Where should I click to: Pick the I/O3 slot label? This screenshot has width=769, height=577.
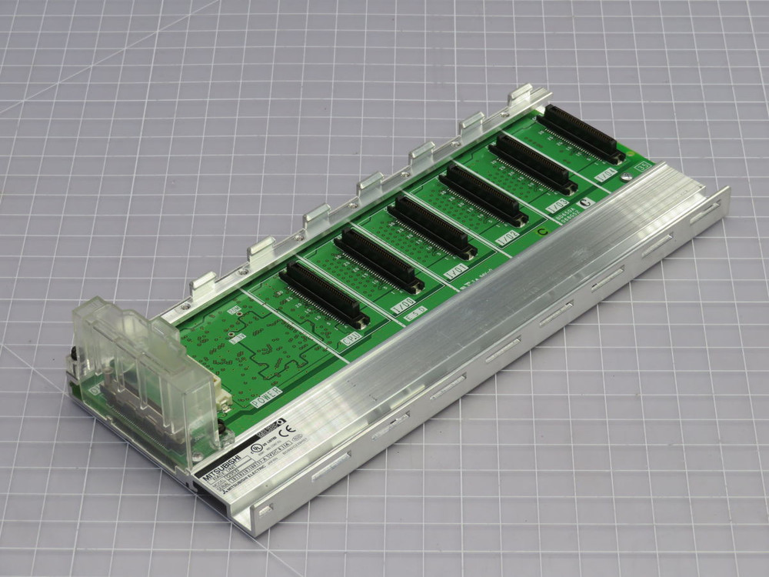tap(557, 206)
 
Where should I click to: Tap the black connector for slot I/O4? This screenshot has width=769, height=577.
tap(581, 135)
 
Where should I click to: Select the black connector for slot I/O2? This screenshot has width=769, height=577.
tap(483, 195)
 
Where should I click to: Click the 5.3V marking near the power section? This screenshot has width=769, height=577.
tap(239, 337)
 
